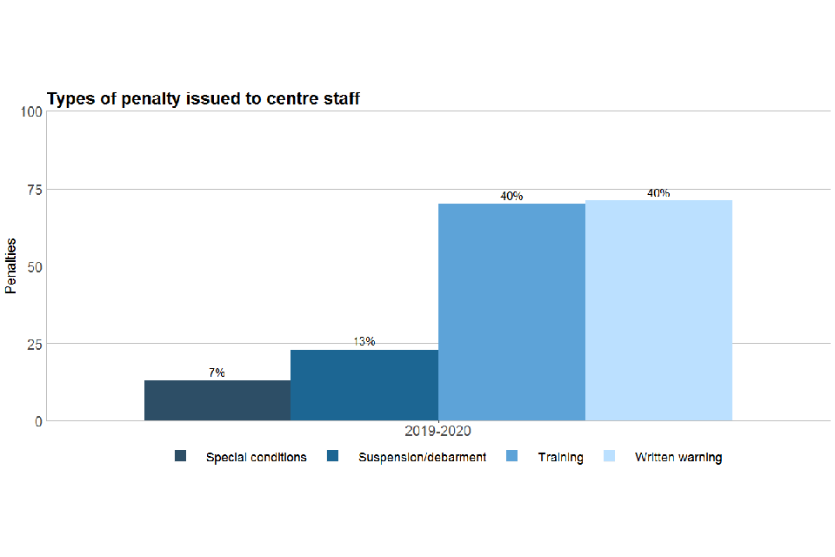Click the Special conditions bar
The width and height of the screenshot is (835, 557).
pos(217,400)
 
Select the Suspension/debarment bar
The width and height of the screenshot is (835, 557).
pos(364,386)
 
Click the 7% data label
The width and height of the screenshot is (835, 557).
pos(217,372)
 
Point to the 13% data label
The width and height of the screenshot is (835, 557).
pos(364,341)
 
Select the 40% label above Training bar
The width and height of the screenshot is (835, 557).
pos(511,196)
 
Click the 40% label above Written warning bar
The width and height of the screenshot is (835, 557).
pos(658,193)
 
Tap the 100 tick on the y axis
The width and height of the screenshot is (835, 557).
pos(31,111)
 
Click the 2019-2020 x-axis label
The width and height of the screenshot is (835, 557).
pos(438,431)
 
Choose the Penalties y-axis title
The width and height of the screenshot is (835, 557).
pos(11,266)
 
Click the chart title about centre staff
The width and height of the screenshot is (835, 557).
pos(203,99)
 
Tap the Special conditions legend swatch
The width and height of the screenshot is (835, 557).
pos(181,456)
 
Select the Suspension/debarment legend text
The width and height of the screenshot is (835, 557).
pos(422,457)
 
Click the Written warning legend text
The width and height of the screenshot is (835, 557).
pos(678,457)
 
